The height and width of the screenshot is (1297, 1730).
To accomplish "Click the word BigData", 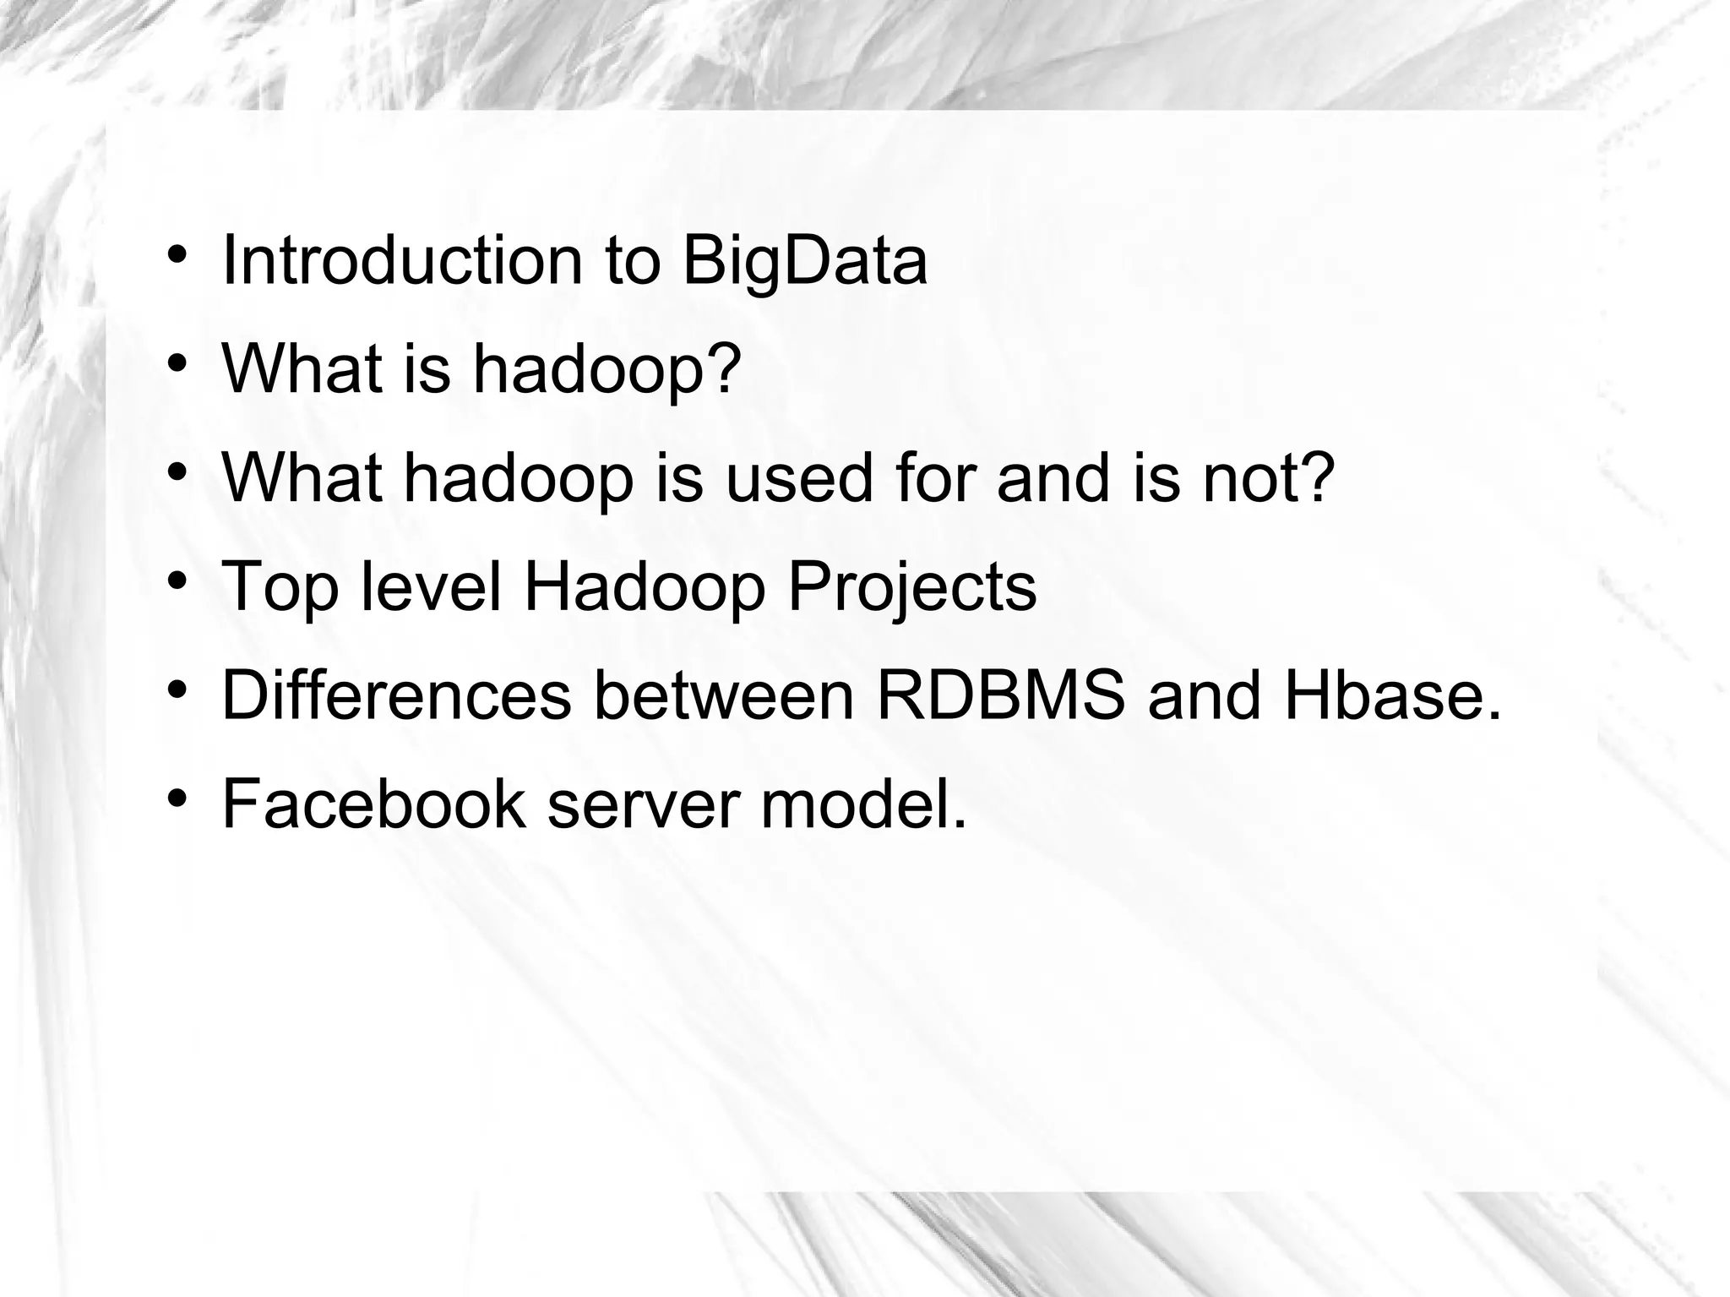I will [804, 261].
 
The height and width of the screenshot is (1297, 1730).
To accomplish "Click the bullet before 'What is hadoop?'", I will [177, 363].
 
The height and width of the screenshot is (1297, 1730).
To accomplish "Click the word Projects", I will [912, 588].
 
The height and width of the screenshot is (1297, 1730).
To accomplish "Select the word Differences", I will [396, 695].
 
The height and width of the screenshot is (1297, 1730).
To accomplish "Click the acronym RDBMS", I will [1001, 695].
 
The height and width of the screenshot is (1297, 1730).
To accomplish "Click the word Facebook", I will [373, 804].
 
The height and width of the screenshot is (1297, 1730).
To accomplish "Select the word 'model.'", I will [863, 804].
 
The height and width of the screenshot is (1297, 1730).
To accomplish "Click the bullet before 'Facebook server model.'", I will [177, 798].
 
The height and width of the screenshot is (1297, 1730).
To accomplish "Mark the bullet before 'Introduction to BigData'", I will [177, 254].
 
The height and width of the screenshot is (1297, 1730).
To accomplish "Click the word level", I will [431, 586].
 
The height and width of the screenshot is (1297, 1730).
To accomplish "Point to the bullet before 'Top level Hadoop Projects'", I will [177, 580].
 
